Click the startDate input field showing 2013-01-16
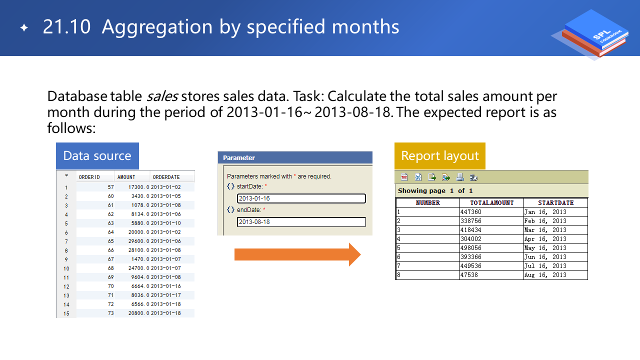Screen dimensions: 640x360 point(301,198)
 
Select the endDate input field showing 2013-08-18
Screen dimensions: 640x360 point(301,221)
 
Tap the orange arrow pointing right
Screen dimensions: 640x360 point(297,254)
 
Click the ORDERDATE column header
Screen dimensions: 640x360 point(166,177)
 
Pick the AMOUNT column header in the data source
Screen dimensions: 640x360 point(126,177)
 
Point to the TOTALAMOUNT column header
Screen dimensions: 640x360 point(491,203)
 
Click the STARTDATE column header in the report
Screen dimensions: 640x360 point(555,203)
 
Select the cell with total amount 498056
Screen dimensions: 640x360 point(491,247)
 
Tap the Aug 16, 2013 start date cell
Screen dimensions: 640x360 point(555,275)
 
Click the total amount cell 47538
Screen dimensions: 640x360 point(491,275)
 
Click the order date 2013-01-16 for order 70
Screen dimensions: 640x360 point(165,286)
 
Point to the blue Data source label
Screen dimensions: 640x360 point(97,155)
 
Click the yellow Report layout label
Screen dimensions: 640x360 point(440,155)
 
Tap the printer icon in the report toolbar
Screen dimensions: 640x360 point(459,177)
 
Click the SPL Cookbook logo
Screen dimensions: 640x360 point(591,33)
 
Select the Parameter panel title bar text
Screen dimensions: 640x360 point(239,157)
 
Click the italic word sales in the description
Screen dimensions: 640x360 point(162,96)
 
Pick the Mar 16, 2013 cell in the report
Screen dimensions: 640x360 point(555,229)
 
